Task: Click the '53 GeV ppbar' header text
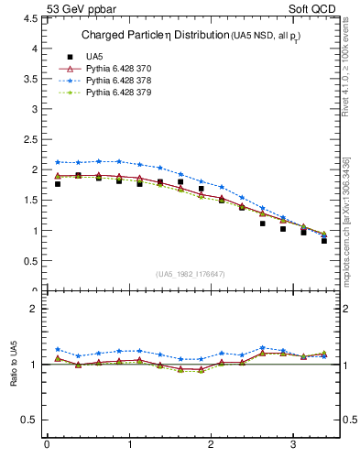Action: click(x=80, y=10)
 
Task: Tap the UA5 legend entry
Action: click(x=94, y=56)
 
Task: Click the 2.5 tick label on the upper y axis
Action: click(x=30, y=139)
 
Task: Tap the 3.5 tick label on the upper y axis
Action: click(x=30, y=78)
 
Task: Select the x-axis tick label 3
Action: click(x=293, y=446)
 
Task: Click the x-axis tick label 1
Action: click(x=128, y=446)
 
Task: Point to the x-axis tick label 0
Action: click(x=47, y=446)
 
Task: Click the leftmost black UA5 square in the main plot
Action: click(x=58, y=184)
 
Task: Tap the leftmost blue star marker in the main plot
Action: click(x=58, y=162)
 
